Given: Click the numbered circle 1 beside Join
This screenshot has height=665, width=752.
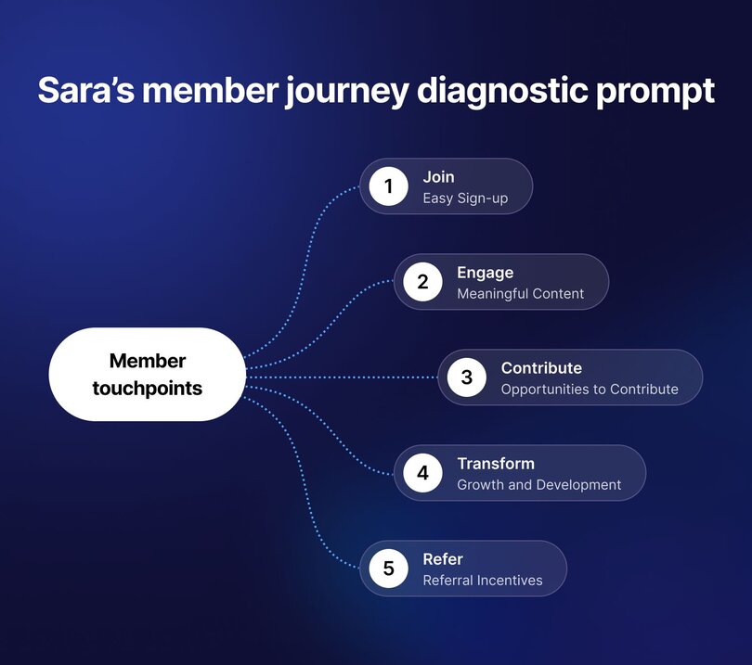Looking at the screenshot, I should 388,186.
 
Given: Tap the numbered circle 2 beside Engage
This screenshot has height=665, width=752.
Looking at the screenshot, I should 422,282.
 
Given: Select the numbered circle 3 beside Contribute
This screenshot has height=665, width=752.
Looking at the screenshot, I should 466,377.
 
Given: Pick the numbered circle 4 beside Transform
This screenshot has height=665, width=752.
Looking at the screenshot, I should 422,473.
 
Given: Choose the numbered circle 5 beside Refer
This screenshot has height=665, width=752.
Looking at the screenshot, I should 388,569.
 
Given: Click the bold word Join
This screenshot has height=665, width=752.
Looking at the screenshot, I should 438,177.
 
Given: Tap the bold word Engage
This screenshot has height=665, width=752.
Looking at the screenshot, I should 485,273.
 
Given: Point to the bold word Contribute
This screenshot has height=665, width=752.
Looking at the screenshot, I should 541,368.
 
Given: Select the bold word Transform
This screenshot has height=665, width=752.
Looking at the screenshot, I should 496,464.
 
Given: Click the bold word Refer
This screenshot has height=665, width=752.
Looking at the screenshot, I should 442,559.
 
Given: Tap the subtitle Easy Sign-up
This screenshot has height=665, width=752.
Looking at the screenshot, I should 465,198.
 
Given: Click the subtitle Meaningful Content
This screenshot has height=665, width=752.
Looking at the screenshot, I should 520,294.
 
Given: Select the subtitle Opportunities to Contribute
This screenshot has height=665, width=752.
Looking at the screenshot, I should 590,390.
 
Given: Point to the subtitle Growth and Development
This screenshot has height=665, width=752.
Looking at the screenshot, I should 538,485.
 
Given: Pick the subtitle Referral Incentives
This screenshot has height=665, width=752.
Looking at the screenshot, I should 482,581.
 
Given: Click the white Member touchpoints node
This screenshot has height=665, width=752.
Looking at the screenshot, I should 147,375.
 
